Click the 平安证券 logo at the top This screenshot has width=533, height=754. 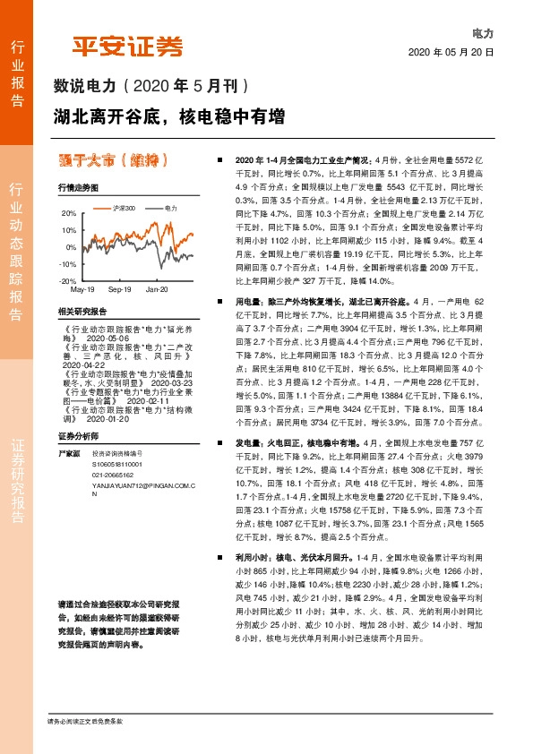point(127,46)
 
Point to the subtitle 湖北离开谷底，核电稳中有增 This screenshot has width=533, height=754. point(169,116)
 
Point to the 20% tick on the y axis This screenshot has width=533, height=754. point(69,214)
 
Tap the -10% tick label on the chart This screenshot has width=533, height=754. point(68,264)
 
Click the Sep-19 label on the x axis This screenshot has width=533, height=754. point(120,290)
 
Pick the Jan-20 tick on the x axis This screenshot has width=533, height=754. point(157,290)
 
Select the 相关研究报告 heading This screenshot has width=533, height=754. point(82,311)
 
